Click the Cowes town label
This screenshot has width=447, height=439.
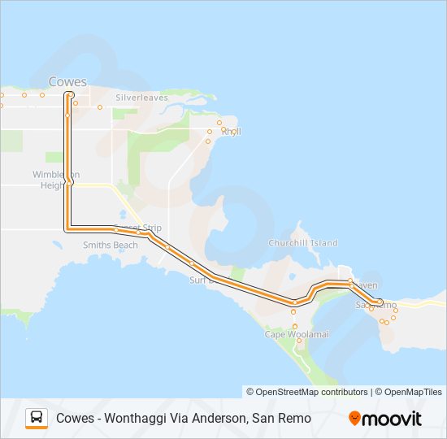(x=67, y=81)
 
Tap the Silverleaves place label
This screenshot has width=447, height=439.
(x=141, y=98)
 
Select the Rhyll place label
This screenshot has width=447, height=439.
(x=231, y=131)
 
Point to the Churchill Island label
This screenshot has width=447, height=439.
(x=302, y=243)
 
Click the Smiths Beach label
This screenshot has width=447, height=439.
(x=111, y=245)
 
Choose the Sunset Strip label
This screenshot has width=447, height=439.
(x=137, y=228)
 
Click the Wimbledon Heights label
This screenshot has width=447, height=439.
(x=56, y=180)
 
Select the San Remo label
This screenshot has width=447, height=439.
(x=376, y=305)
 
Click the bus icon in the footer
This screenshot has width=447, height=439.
(x=37, y=418)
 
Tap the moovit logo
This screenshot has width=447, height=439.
(x=385, y=419)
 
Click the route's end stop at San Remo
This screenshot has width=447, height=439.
(x=380, y=302)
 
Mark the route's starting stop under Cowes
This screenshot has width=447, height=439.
(x=69, y=94)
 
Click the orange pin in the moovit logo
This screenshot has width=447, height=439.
(x=354, y=419)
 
